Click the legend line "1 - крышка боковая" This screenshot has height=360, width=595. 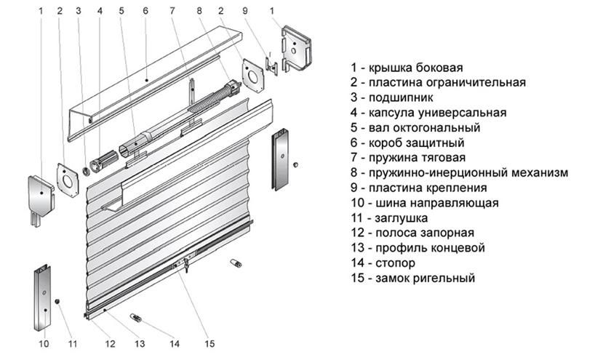tap(406, 68)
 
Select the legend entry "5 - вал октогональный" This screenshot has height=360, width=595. tap(415, 128)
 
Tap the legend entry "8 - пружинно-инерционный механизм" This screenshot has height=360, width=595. tap(458, 173)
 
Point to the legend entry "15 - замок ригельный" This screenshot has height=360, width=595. tap(412, 278)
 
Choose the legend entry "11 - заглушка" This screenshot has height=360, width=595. tap(388, 218)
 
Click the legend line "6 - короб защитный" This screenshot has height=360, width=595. tap(407, 143)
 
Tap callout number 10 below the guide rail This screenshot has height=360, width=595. tap(42, 344)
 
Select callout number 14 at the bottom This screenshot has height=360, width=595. tap(174, 344)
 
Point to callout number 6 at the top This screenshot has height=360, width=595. tap(145, 12)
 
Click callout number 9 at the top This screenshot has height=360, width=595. tap(245, 12)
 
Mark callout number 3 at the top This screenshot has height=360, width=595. tap(78, 12)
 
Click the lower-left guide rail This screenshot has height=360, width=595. tap(42, 298)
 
